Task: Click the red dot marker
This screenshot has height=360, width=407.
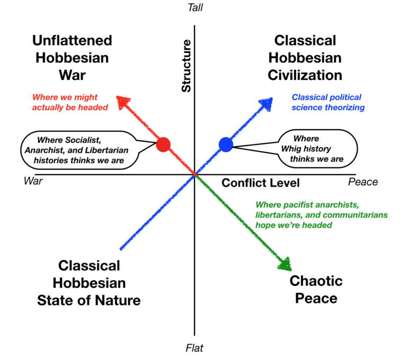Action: pyautogui.click(x=163, y=143)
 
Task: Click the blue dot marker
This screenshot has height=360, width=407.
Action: pyautogui.click(x=226, y=144)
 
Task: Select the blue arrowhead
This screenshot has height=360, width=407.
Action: pyautogui.click(x=266, y=103)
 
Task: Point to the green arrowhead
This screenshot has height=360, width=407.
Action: pyautogui.click(x=285, y=264)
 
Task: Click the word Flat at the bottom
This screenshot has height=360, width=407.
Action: pyautogui.click(x=194, y=348)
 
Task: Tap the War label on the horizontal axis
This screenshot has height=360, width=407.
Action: pyautogui.click(x=33, y=182)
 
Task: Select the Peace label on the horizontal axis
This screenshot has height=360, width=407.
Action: pyautogui.click(x=363, y=182)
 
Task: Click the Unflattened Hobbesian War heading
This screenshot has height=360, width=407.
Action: pyautogui.click(x=72, y=57)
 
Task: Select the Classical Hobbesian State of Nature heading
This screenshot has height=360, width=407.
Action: pyautogui.click(x=89, y=283)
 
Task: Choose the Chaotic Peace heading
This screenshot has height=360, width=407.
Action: pyautogui.click(x=316, y=289)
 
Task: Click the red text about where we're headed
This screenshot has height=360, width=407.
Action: pyautogui.click(x=70, y=102)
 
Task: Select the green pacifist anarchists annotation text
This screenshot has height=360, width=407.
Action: pyautogui.click(x=322, y=214)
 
